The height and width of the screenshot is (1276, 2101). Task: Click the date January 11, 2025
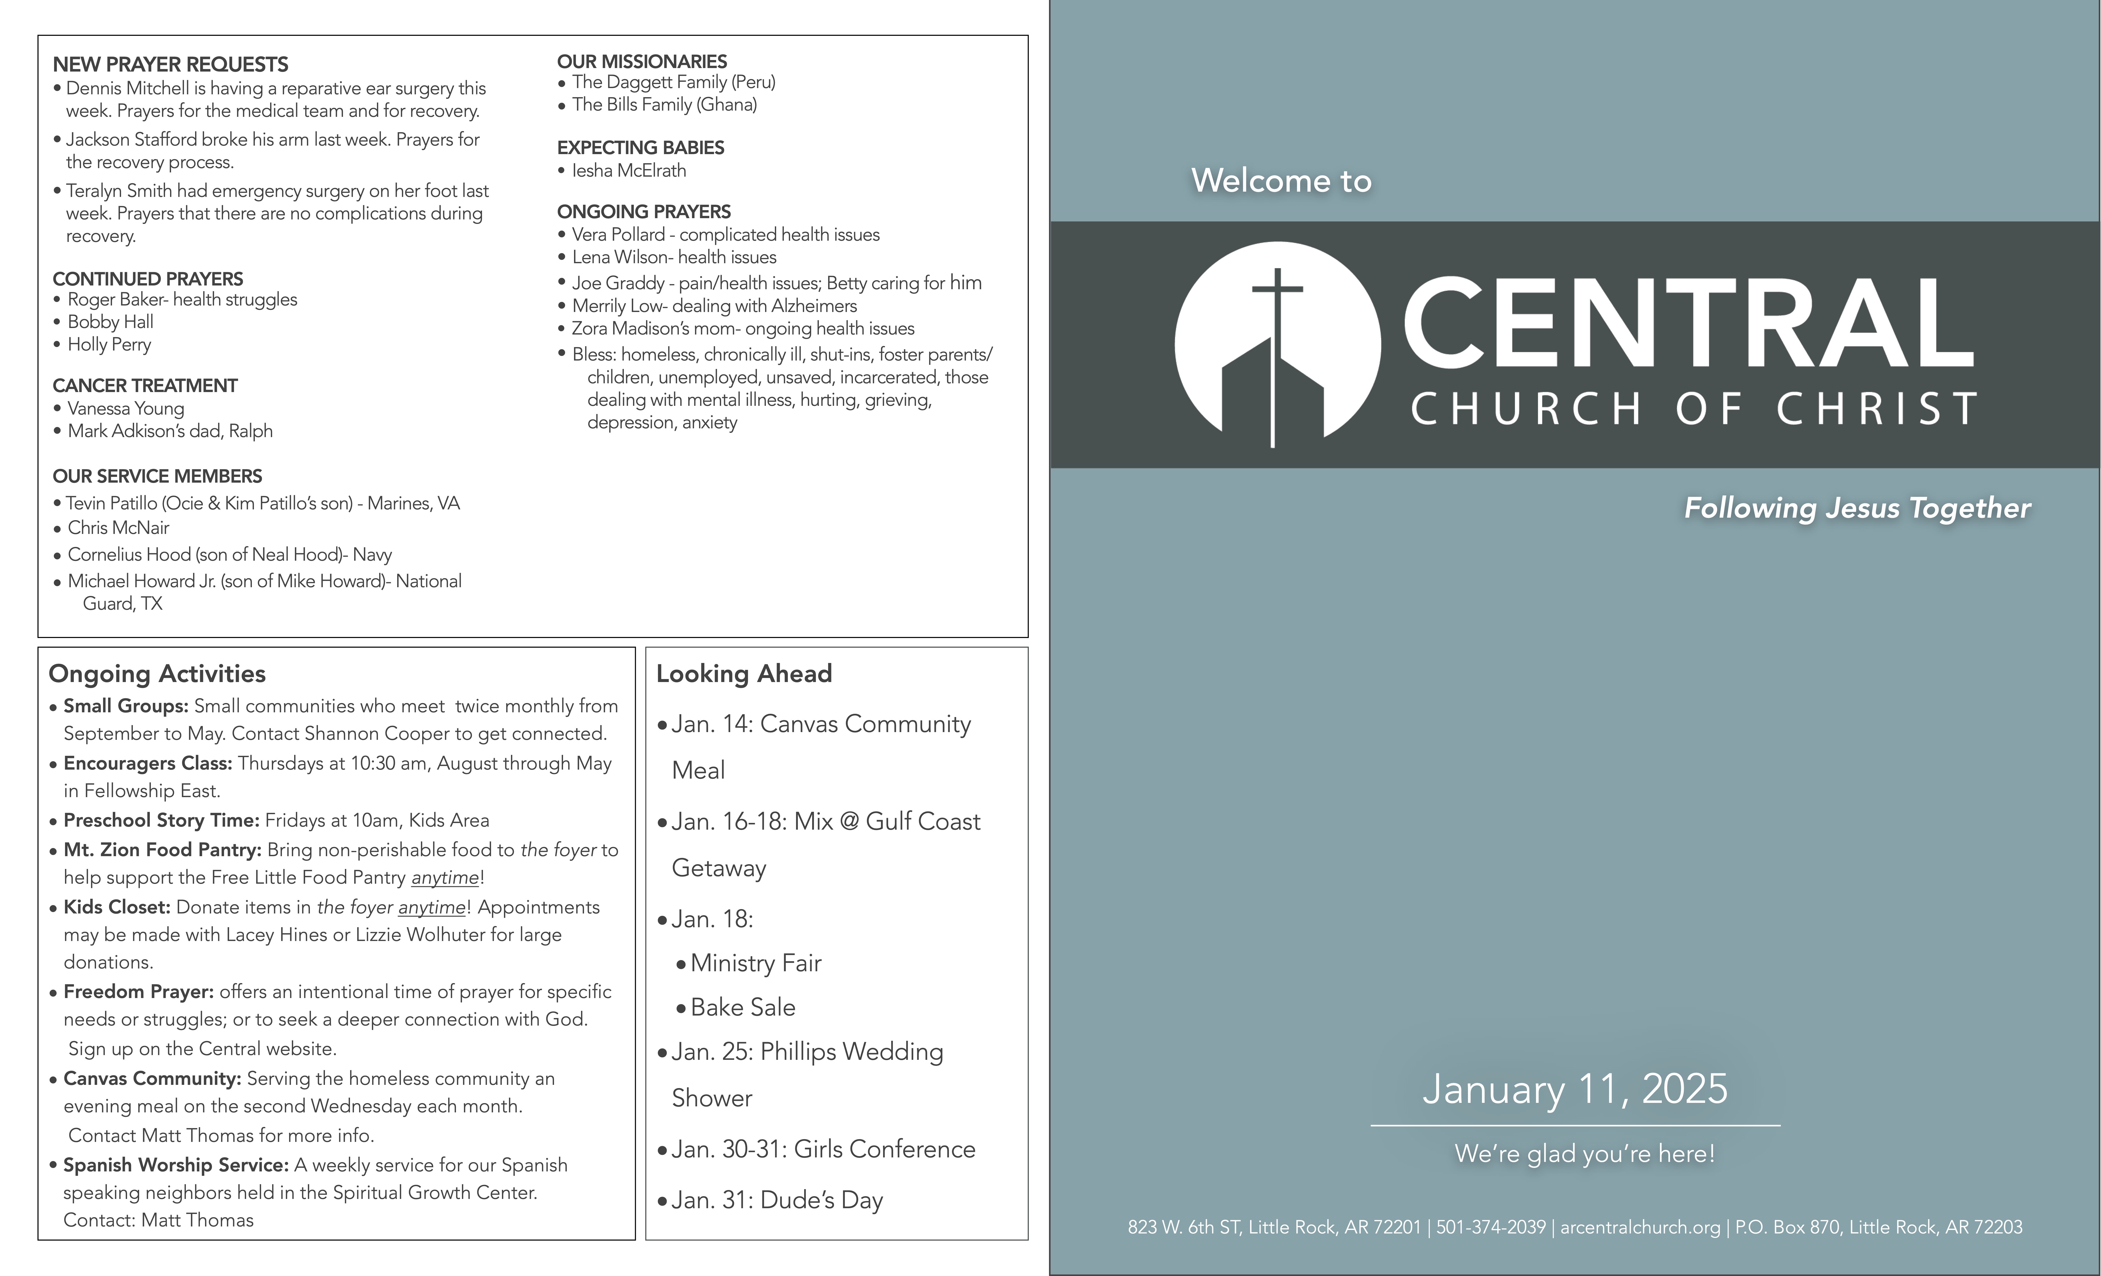1574,1089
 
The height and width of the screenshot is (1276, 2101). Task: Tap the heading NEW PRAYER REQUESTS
171,65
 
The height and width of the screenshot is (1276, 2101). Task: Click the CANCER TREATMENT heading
145,386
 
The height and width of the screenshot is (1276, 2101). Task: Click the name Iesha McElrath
628,171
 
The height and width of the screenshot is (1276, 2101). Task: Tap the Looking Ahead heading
744,674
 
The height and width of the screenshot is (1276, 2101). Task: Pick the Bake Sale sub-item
742,1007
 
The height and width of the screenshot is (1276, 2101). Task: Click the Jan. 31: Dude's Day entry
776,1200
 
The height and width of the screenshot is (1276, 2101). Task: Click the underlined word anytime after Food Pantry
444,878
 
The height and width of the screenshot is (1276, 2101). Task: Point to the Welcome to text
1281,181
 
